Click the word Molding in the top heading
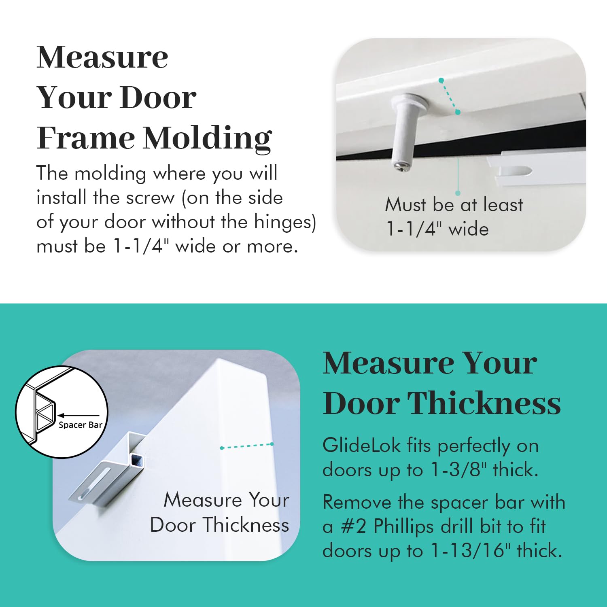[207, 138]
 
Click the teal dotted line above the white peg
[450, 96]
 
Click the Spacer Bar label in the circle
[80, 425]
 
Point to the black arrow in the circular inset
[77, 415]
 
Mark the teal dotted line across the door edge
[247, 446]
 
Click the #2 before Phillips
[354, 527]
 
